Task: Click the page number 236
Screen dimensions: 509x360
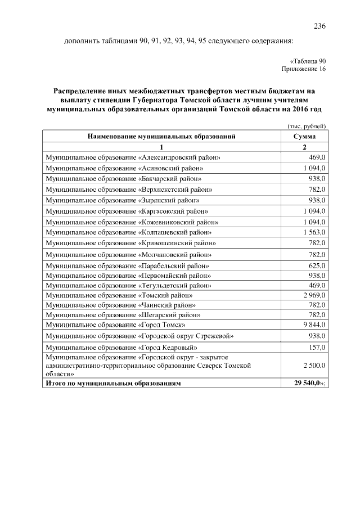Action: [319, 26]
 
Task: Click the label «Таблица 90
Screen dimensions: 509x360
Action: [307, 61]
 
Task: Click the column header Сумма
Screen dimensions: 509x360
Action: [304, 136]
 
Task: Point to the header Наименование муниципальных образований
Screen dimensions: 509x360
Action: [161, 136]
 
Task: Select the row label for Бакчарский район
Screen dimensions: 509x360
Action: [123, 178]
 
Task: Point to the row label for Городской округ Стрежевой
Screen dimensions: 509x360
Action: [139, 336]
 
